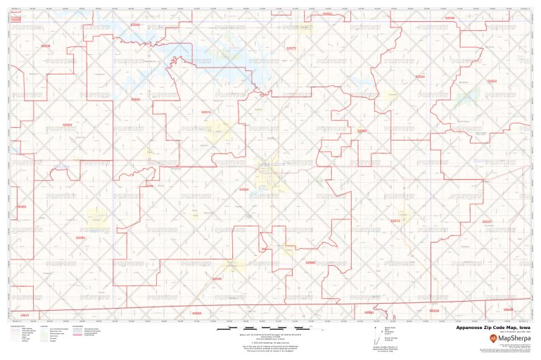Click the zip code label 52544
[243, 189]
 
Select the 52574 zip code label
[206, 112]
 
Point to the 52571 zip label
[291, 48]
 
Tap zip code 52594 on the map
[420, 76]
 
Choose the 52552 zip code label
[492, 81]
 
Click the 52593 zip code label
[362, 131]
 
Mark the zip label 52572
[395, 221]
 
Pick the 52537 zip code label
[487, 221]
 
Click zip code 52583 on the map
[68, 124]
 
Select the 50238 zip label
[46, 46]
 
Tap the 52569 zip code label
[135, 24]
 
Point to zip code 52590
[80, 238]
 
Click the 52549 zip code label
[217, 279]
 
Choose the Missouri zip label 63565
[197, 313]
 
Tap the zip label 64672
[25, 314]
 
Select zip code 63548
[508, 309]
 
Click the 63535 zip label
[433, 310]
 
